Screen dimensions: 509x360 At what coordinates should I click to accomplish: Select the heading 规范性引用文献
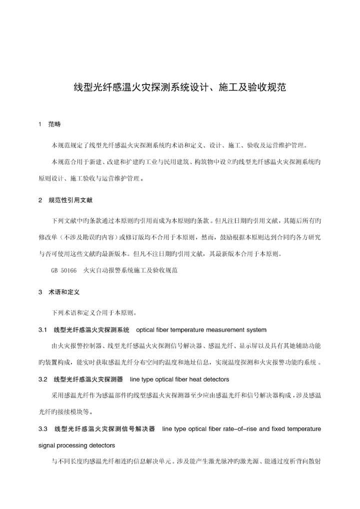[x=70, y=200]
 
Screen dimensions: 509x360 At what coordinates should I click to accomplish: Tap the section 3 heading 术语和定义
[x=61, y=291]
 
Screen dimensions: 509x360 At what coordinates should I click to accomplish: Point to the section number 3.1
[x=42, y=329]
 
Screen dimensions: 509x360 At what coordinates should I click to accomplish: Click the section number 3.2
[x=42, y=379]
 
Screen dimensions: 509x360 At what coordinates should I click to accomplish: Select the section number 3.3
[x=42, y=429]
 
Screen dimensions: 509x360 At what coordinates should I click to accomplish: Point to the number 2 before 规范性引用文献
[x=40, y=200]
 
